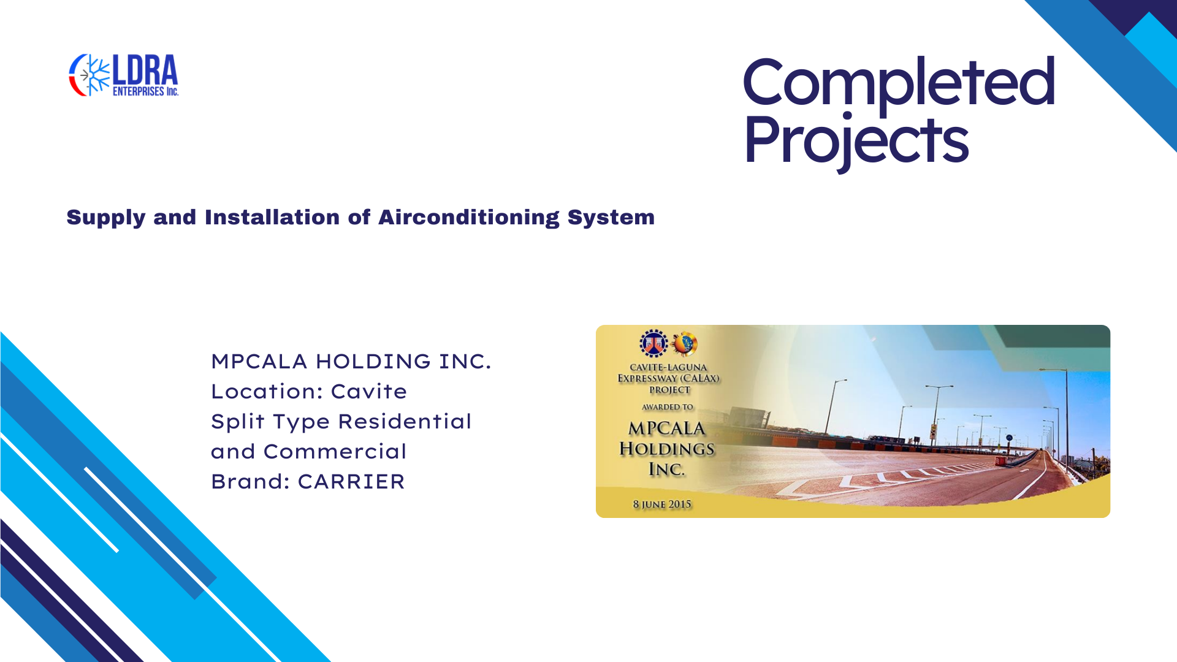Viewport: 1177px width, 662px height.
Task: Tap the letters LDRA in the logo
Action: click(x=145, y=70)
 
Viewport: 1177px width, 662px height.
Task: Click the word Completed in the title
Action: click(x=899, y=82)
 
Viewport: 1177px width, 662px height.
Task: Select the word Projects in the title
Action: click(x=856, y=141)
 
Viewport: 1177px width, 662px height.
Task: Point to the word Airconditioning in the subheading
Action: click(x=469, y=218)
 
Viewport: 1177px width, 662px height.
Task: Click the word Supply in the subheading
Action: click(x=105, y=218)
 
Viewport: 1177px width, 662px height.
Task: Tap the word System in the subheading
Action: click(x=611, y=218)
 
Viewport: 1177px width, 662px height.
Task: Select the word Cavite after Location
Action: click(x=369, y=392)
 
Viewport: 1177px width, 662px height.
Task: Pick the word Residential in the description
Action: click(x=405, y=422)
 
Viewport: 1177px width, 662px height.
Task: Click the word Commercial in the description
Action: click(x=335, y=452)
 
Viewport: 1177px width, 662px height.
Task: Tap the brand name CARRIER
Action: click(x=351, y=482)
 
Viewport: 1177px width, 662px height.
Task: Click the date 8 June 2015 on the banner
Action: click(x=662, y=504)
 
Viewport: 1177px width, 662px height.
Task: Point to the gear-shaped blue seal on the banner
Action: click(x=653, y=343)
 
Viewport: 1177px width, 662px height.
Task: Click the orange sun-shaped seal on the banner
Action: click(x=685, y=343)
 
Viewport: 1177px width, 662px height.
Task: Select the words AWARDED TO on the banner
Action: click(x=668, y=407)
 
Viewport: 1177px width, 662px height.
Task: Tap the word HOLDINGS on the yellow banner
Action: click(x=667, y=449)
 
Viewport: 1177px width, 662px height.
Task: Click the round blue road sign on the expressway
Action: click(x=1009, y=438)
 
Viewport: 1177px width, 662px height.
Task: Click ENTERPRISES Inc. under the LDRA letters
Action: click(x=145, y=91)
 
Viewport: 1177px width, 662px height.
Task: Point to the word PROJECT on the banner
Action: click(x=669, y=390)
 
